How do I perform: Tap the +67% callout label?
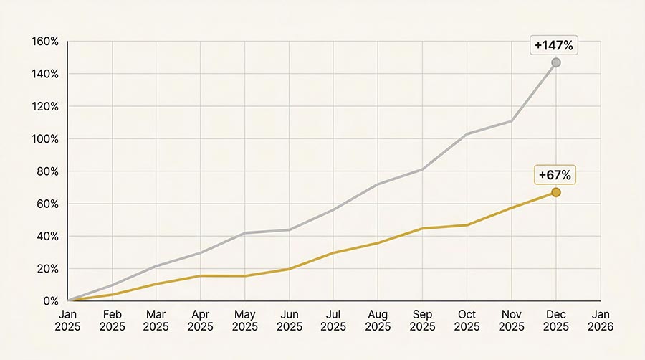pos(556,175)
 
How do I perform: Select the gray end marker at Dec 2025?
pos(556,63)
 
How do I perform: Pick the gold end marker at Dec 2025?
pos(556,192)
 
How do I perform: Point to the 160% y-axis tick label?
pos(45,42)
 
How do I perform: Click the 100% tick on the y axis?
pos(45,139)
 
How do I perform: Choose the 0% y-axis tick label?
pos(50,301)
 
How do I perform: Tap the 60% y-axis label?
pos(47,204)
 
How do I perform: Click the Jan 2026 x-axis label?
pos(601,321)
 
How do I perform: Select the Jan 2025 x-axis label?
pos(68,321)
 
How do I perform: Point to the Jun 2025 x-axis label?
pos(290,321)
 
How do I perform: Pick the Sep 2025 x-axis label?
pos(423,321)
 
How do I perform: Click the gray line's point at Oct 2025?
pos(467,134)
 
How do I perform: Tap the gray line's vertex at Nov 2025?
pos(512,121)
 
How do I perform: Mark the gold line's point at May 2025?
pos(245,276)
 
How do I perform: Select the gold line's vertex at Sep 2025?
pos(423,228)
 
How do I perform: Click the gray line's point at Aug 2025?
pos(378,184)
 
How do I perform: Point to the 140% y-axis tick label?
pos(45,74)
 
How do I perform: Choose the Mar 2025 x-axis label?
pos(156,321)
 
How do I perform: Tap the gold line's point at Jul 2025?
pos(334,252)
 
